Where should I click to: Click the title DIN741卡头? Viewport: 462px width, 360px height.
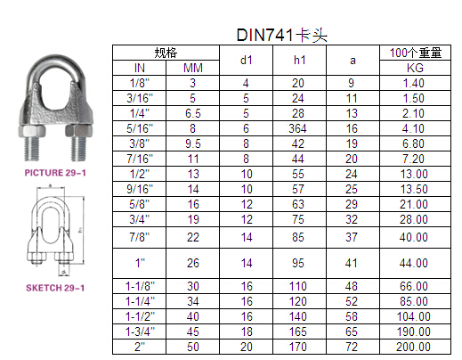point(282,35)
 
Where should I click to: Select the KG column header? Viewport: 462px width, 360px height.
point(415,68)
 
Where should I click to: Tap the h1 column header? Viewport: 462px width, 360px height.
point(299,61)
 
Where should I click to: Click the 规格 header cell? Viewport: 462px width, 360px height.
point(166,53)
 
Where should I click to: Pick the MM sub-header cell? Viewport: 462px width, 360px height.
point(193,68)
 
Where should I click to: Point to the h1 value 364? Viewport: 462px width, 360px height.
point(297,128)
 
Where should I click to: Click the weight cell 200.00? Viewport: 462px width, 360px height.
point(413,347)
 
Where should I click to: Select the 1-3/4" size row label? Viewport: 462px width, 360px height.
point(140,331)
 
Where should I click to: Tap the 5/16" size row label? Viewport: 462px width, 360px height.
point(140,128)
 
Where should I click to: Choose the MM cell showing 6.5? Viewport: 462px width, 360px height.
point(193,113)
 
